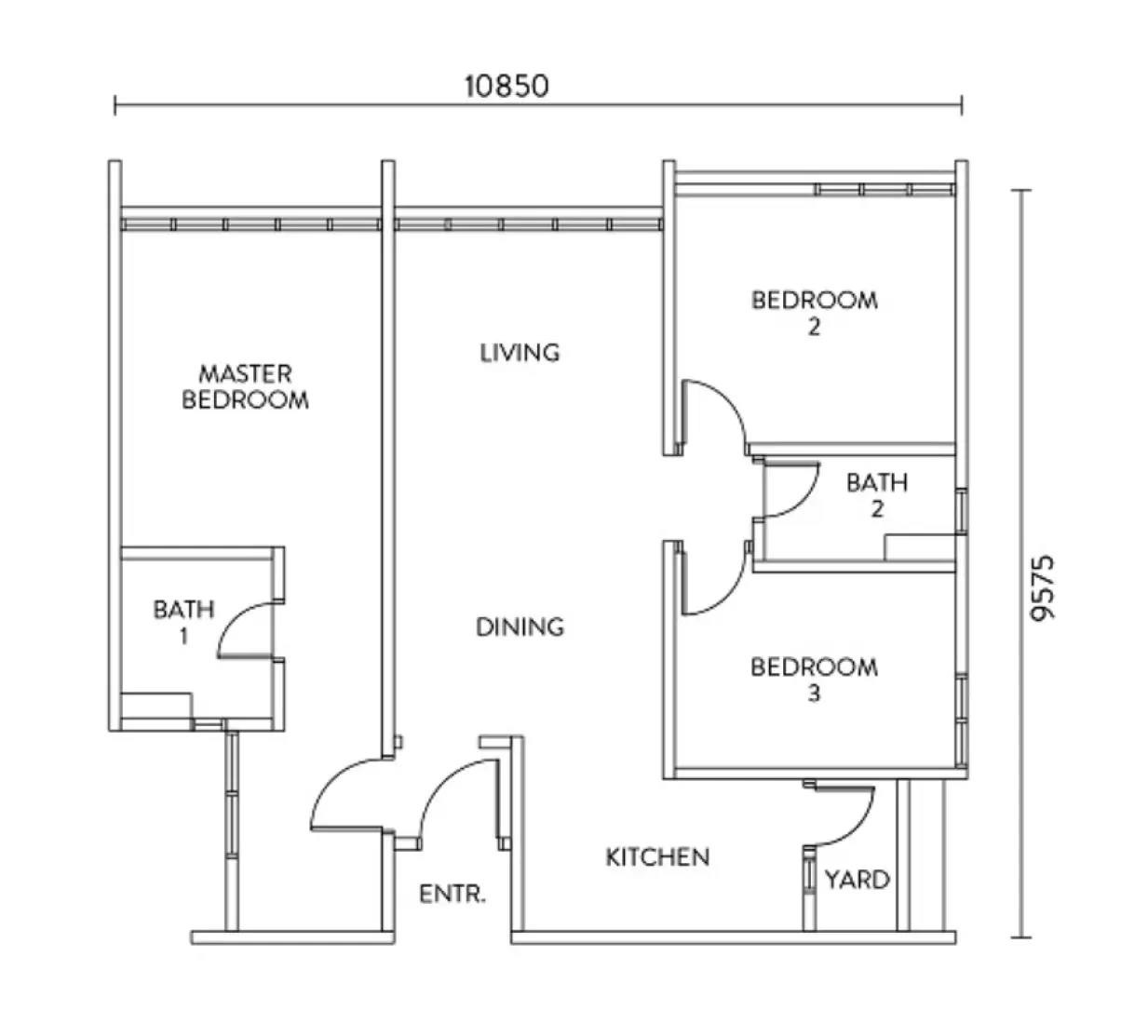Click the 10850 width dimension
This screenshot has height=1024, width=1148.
pos(507,87)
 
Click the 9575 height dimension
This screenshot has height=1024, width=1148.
pos(1043,587)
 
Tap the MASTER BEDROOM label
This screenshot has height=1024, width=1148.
pos(245,386)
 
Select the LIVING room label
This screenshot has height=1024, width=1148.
pos(520,353)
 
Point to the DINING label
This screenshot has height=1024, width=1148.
pos(520,627)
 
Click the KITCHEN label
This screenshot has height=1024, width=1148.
pos(657,856)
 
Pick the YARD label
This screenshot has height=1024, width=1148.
pos(857,880)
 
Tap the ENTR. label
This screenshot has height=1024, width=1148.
pos(452,895)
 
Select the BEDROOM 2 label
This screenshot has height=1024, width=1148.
pos(814,313)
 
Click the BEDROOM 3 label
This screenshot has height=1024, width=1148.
pos(814,679)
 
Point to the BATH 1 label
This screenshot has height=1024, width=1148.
pos(183,622)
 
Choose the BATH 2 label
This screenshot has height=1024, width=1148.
pos(876,495)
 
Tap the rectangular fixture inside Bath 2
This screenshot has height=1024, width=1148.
pos(920,546)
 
